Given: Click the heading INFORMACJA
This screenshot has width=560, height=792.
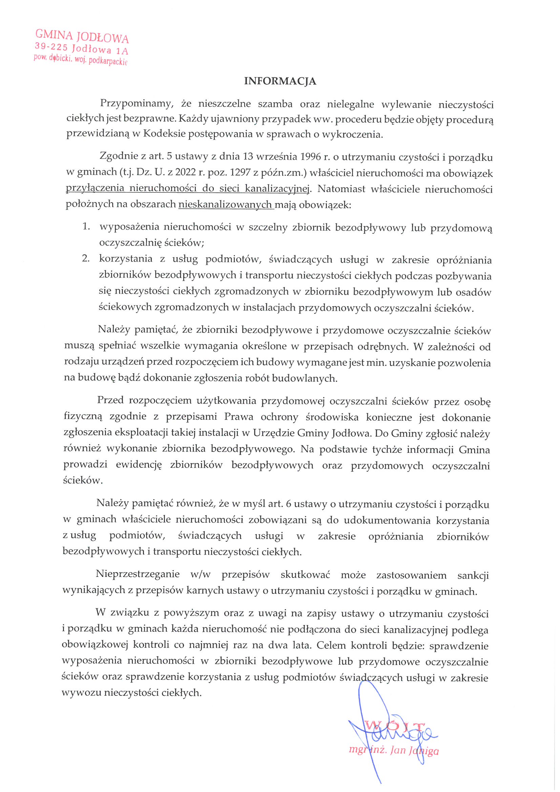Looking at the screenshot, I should (x=280, y=81).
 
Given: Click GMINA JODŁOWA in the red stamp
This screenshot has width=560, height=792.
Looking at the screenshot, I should (x=82, y=36).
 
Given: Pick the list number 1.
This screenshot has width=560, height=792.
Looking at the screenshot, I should (x=86, y=226).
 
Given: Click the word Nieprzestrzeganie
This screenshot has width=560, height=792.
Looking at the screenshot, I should (x=138, y=574).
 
